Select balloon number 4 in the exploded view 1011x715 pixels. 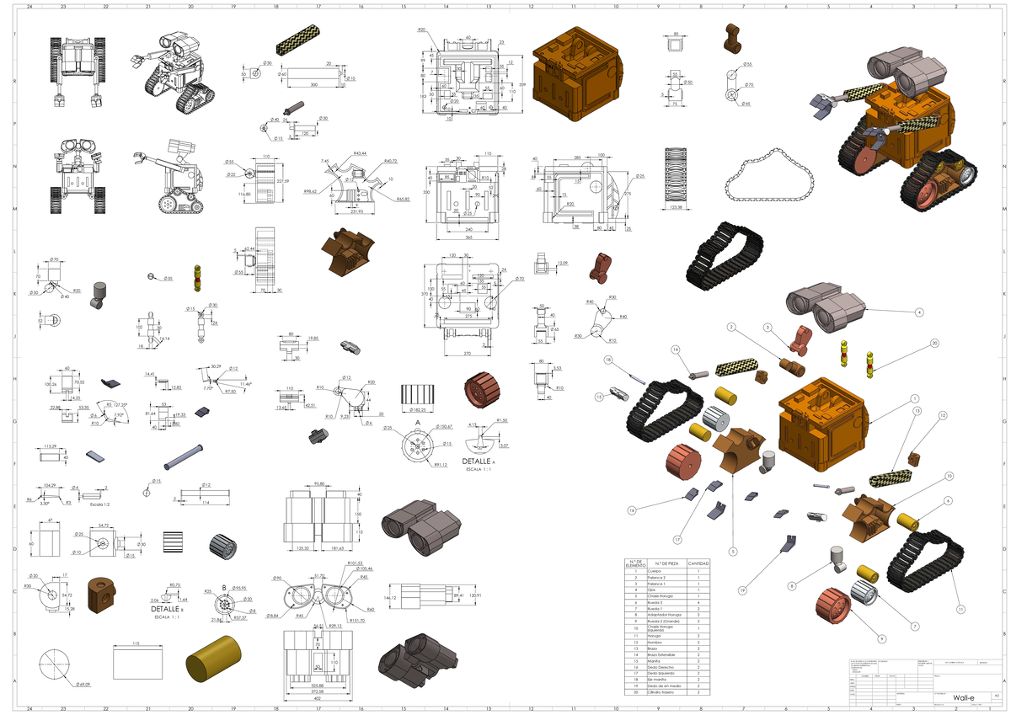click(x=919, y=312)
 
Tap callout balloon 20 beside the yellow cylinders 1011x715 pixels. click(x=934, y=343)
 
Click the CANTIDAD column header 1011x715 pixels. click(x=699, y=563)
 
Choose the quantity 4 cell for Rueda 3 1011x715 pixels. click(x=699, y=603)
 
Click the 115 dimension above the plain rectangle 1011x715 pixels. click(x=136, y=643)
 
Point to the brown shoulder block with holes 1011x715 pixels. click(x=104, y=595)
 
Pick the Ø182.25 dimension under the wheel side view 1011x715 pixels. click(x=419, y=409)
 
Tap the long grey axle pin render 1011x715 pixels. click(x=185, y=455)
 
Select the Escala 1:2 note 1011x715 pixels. click(x=88, y=504)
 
